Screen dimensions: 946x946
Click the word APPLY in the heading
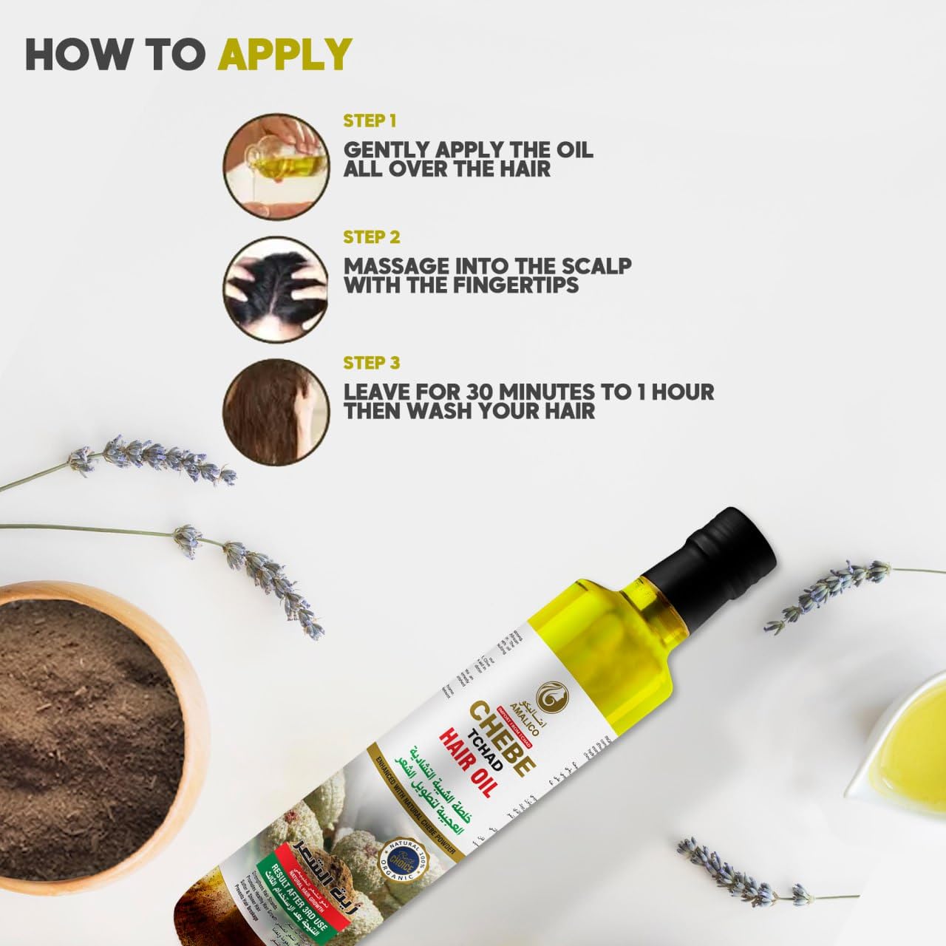pos(285,52)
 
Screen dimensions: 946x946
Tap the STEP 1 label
pos(370,120)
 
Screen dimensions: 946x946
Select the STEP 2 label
pos(372,237)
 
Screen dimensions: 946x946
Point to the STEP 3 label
pos(372,363)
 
